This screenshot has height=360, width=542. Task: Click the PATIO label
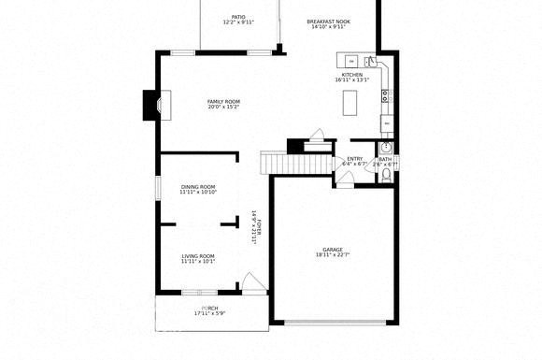[238, 16]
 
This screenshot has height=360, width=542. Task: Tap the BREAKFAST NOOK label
[328, 21]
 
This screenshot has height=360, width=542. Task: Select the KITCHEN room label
[351, 74]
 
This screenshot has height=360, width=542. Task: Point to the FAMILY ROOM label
[224, 101]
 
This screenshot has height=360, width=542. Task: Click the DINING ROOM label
[198, 187]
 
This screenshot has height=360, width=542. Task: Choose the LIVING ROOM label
[198, 256]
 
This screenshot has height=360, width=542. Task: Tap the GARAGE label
[333, 250]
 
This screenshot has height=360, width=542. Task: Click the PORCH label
[210, 308]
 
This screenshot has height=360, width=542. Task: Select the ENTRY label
[355, 159]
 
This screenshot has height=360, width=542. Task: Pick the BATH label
[385, 159]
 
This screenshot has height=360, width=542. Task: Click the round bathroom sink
[385, 147]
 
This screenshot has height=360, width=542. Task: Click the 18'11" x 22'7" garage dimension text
[333, 255]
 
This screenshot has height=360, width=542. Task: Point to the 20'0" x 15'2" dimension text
[224, 107]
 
